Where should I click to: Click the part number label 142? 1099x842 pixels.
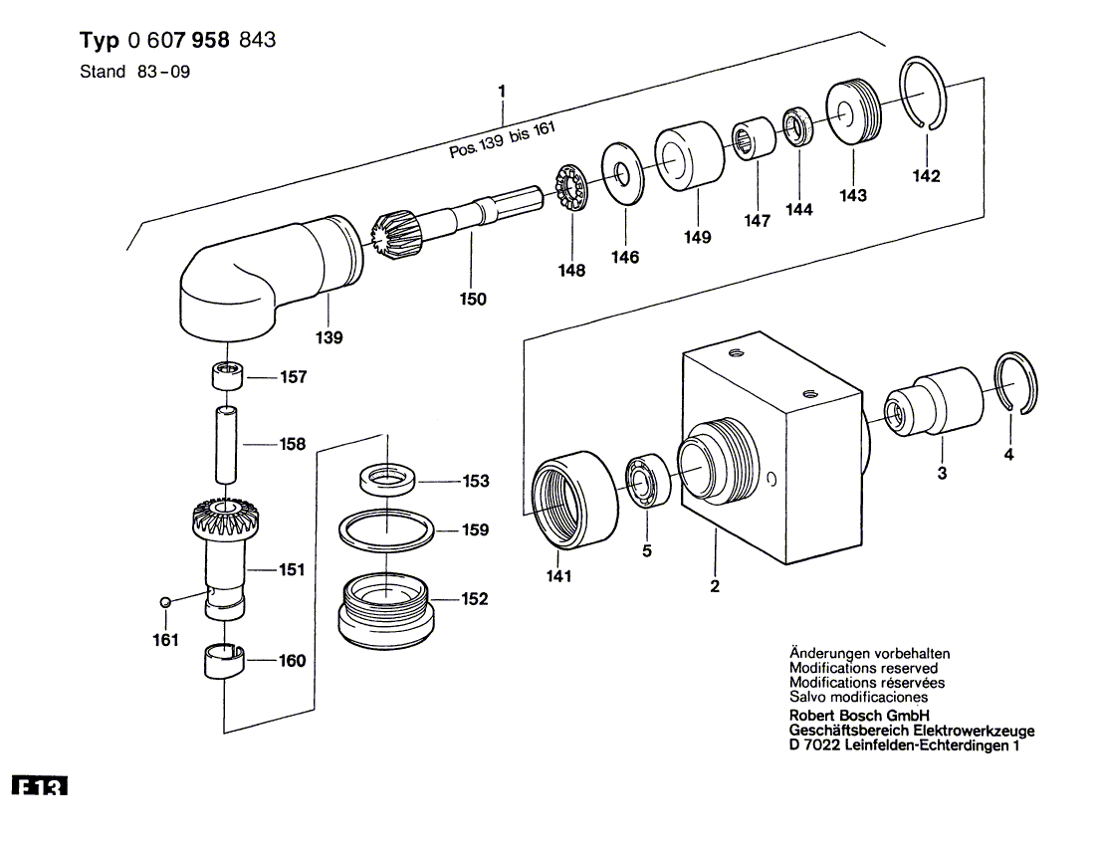tap(926, 176)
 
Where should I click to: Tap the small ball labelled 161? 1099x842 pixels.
tap(166, 601)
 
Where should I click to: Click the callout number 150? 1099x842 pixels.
tap(474, 299)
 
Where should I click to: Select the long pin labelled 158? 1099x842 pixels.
tap(226, 445)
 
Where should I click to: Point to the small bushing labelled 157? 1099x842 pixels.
tap(225, 378)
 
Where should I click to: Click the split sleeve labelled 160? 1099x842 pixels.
tap(224, 660)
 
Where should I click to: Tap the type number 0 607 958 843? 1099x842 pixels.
tap(202, 41)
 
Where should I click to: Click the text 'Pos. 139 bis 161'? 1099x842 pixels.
tap(501, 143)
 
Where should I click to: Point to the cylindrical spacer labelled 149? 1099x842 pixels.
tap(688, 156)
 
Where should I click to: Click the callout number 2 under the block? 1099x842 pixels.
tap(715, 587)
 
